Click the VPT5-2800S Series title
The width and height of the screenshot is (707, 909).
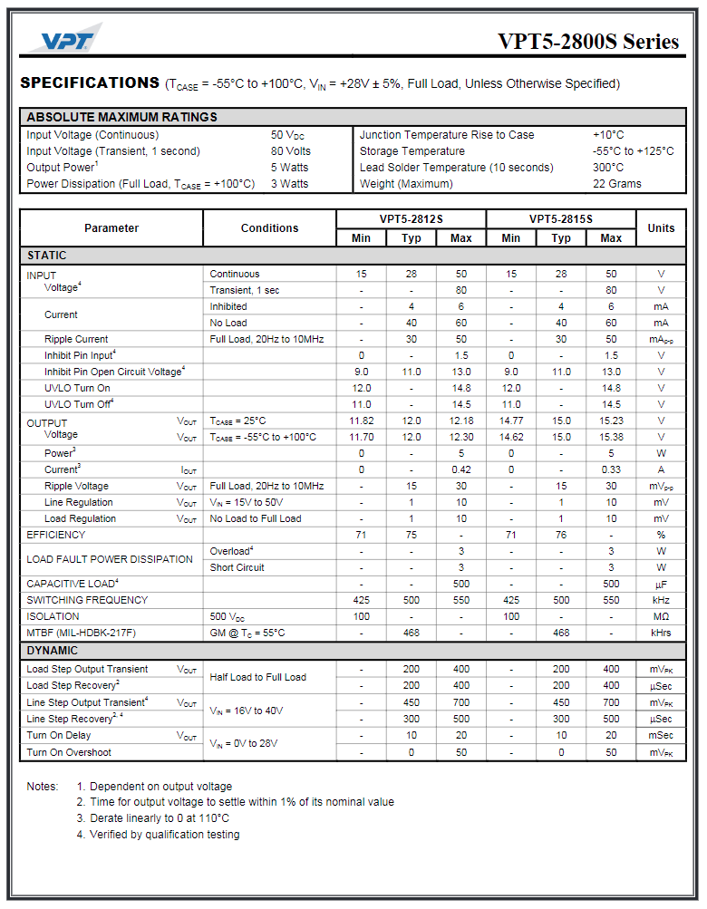[x=587, y=42]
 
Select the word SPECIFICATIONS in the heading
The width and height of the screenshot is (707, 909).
[x=90, y=83]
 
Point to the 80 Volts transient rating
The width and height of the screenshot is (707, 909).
[x=290, y=151]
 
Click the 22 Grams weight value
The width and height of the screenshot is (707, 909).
[x=616, y=184]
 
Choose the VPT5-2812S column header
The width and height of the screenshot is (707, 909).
[x=411, y=219]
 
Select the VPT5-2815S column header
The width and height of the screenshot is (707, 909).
[x=561, y=219]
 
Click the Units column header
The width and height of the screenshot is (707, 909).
[x=661, y=228]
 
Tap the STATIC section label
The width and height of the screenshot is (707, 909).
[x=46, y=256]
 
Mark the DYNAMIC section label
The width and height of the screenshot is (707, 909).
[x=52, y=651]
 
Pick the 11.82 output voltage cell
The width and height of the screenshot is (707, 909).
[x=361, y=421]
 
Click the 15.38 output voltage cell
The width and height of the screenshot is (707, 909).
[x=611, y=437]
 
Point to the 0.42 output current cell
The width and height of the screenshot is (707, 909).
[x=460, y=469]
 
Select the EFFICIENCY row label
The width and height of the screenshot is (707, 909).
[x=56, y=535]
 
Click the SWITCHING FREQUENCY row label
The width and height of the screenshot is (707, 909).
[x=87, y=600]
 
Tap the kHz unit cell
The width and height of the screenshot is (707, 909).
[x=661, y=600]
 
